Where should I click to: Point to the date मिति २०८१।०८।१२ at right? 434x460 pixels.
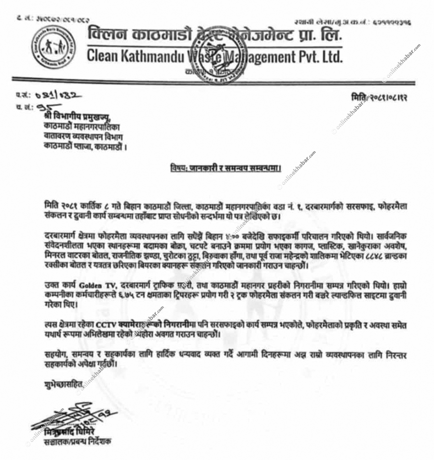point(380,98)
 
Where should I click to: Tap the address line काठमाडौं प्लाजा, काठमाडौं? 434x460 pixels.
point(85,146)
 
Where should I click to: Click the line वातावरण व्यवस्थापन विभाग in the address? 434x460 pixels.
point(80,137)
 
